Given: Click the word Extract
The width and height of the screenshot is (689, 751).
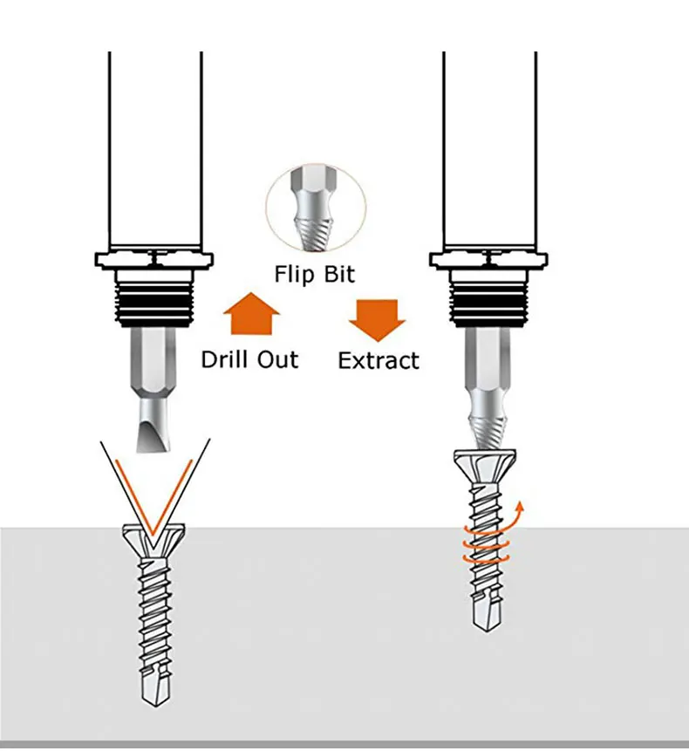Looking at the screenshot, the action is (379, 360).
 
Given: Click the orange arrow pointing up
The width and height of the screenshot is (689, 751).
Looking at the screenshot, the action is (251, 314).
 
